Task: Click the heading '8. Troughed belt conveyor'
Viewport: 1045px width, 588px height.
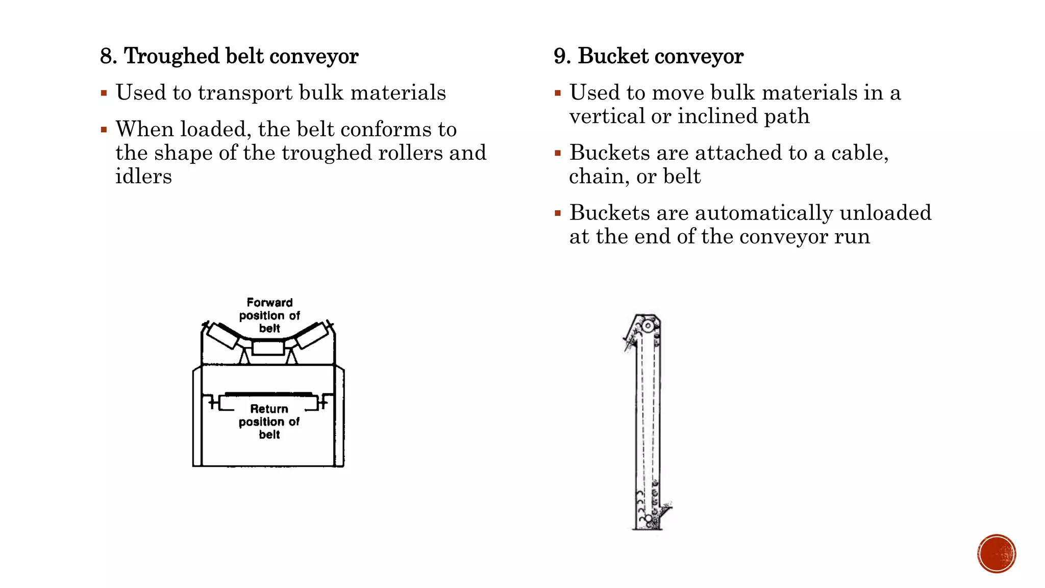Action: coord(229,56)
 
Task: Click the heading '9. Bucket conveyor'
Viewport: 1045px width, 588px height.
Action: coord(648,56)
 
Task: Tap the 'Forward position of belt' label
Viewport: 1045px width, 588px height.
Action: coord(269,315)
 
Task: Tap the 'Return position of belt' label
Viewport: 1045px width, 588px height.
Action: coord(269,422)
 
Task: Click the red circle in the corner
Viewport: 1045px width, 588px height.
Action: coord(997,554)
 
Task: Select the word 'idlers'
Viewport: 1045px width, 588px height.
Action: coord(143,177)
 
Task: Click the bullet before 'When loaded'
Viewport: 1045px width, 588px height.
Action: coord(104,130)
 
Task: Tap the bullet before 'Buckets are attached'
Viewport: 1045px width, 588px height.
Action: coord(558,153)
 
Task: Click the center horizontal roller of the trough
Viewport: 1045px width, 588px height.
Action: coord(268,348)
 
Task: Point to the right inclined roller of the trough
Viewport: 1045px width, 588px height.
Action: coord(312,335)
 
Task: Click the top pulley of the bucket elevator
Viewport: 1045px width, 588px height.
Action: coord(648,326)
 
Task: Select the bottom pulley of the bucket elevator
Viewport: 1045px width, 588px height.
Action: coord(649,519)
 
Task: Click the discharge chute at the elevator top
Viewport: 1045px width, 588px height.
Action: coord(631,339)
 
